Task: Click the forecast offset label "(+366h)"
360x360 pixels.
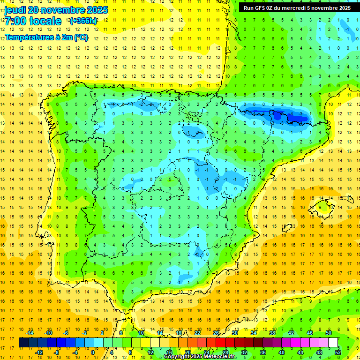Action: pos(83,21)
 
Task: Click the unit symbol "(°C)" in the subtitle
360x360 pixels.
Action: pos(80,37)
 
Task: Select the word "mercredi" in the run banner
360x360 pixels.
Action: pos(294,8)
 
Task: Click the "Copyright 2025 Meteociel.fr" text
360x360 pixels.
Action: pos(200,357)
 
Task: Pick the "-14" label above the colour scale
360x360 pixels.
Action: pos(30,333)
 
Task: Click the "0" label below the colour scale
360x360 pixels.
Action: pos(93,352)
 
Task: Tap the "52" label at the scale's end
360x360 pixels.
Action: pos(338,352)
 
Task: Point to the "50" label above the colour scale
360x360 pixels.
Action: pos(329,333)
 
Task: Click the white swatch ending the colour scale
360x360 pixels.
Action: pos(333,343)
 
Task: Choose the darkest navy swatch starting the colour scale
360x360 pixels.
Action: pos(23,343)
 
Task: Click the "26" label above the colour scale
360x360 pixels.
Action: pos(216,333)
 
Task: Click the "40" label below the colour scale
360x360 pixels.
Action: pos(281,352)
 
